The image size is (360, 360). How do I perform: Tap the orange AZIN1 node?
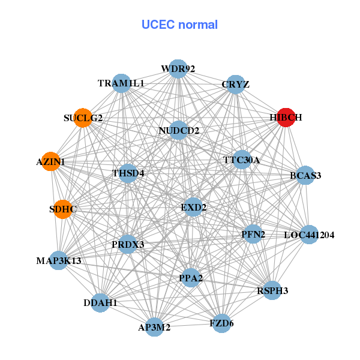[x=50, y=161]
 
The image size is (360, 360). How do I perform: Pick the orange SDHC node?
[x=63, y=209]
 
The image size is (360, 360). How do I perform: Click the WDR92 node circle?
[x=178, y=69]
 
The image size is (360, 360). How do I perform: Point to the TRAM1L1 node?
[x=122, y=83]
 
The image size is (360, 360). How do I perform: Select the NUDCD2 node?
[x=179, y=130]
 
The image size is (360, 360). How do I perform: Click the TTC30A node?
[x=242, y=160]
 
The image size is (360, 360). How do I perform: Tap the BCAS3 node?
[x=305, y=175]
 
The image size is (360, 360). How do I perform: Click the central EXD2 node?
[x=193, y=207]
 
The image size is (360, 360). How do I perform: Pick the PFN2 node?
[x=253, y=233]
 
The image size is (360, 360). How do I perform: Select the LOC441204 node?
[x=308, y=235]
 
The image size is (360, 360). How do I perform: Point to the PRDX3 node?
[x=128, y=244]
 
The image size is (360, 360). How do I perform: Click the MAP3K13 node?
[x=59, y=260]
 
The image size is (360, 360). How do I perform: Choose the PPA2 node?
[x=191, y=277]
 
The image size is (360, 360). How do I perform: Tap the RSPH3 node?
[x=272, y=290]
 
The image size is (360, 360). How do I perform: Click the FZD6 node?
[x=221, y=323]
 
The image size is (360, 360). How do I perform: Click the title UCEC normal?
[x=179, y=25]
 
